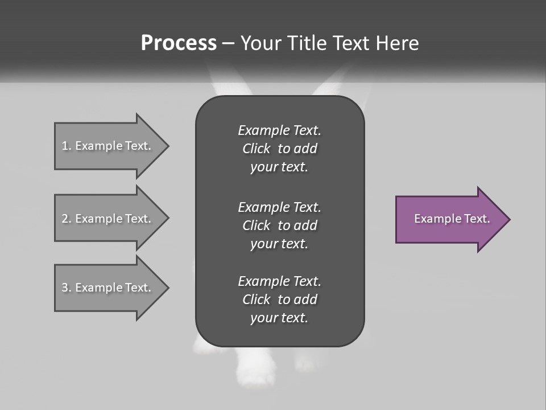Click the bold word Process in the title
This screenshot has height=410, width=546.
tap(179, 43)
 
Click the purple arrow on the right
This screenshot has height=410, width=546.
tap(449, 219)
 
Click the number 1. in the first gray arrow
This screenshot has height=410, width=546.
tap(67, 146)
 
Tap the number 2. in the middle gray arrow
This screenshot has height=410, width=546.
tap(67, 219)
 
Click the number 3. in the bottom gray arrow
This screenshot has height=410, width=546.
tap(67, 288)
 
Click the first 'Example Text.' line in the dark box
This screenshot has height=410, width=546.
tap(279, 130)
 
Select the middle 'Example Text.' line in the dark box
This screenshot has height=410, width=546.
tap(279, 207)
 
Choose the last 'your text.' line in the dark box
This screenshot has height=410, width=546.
tap(279, 318)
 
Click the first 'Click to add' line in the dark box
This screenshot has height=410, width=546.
tap(279, 149)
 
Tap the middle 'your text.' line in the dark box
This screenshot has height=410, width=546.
tap(279, 244)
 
